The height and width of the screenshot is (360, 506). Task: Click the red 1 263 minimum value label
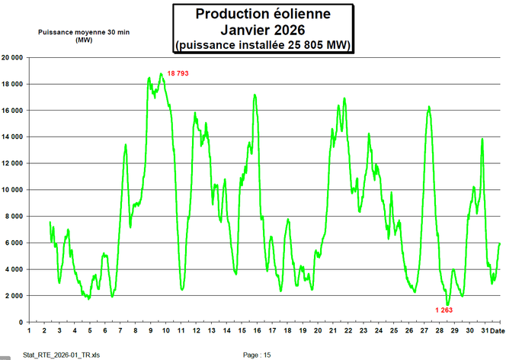[x=444, y=310]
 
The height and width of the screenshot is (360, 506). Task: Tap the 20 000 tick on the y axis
[x=11, y=57]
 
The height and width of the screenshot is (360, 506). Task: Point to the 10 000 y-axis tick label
[x=11, y=190]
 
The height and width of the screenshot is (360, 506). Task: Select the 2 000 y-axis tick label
[x=14, y=296]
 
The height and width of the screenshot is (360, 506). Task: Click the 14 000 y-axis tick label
[x=11, y=137]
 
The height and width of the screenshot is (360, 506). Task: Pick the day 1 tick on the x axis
[x=29, y=330]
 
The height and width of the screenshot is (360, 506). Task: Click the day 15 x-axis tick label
[x=241, y=330]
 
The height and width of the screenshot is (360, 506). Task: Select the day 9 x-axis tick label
[x=150, y=330]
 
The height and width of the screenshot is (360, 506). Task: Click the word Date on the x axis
[x=495, y=330]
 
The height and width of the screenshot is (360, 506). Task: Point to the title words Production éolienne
[x=263, y=14]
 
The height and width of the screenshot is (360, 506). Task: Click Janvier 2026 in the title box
[x=263, y=30]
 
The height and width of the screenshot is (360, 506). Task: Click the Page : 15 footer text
[x=256, y=355]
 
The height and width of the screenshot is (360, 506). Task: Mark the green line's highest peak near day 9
[x=161, y=74]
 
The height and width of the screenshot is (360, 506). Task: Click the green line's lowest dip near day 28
[x=448, y=304]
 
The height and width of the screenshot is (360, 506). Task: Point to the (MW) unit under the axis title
[x=83, y=40]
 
